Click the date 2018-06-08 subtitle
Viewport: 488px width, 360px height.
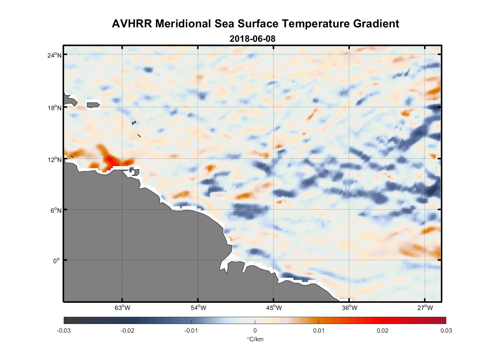(252, 39)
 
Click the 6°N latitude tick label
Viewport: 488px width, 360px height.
(56, 210)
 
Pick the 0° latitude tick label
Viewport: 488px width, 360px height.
(57, 261)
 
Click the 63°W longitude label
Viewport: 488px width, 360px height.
(122, 308)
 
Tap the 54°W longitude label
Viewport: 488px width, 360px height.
(198, 308)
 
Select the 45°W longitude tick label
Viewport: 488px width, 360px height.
(274, 308)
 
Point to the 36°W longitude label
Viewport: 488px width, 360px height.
(349, 308)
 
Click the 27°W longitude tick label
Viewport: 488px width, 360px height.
(425, 308)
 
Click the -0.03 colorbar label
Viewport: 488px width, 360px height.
(64, 331)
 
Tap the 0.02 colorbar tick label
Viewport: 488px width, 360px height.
(383, 331)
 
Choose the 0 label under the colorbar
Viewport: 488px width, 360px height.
(255, 331)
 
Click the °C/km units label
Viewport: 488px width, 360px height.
(255, 339)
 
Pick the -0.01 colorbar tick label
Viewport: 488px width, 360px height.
(191, 331)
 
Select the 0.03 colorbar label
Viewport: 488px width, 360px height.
(446, 331)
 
